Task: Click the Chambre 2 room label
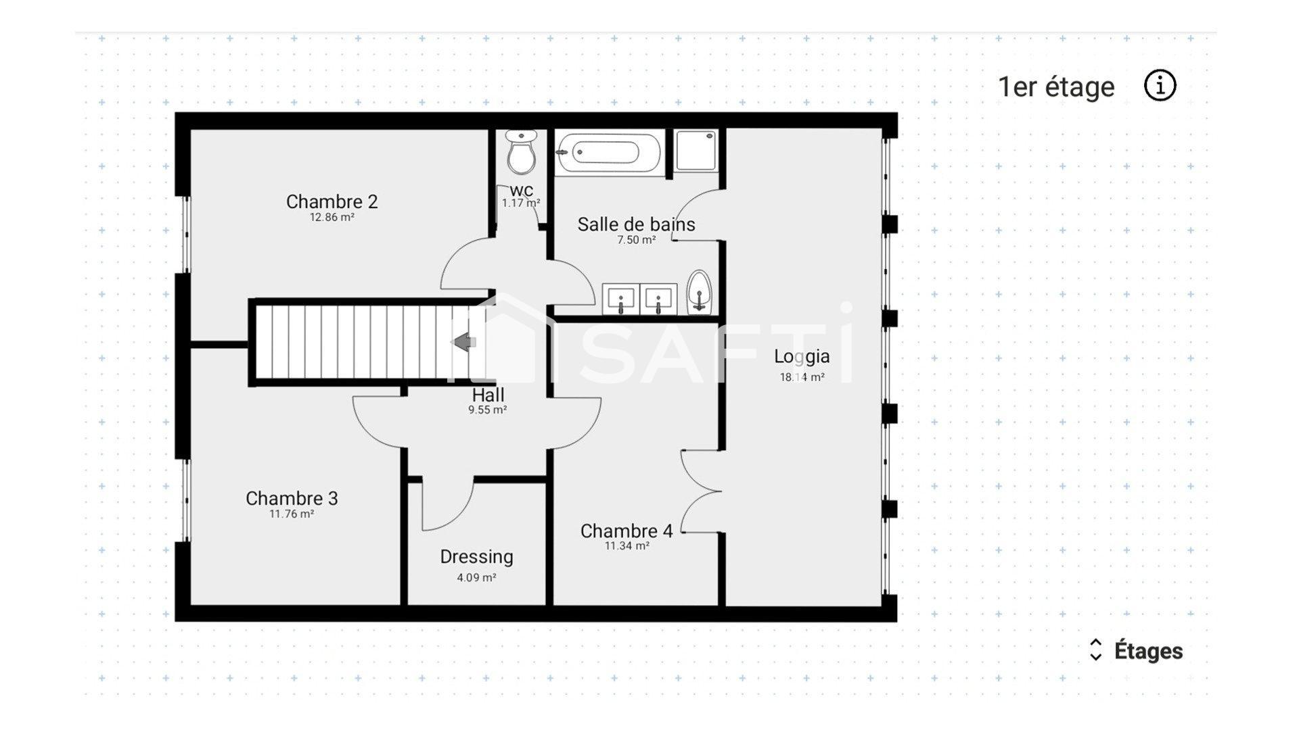pyautogui.click(x=332, y=201)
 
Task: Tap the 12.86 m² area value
pyautogui.click(x=332, y=218)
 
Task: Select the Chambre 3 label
pyautogui.click(x=292, y=498)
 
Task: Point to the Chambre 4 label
pyautogui.click(x=626, y=531)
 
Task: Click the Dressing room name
pyautogui.click(x=476, y=557)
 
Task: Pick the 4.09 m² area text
pyautogui.click(x=476, y=578)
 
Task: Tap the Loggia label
pyautogui.click(x=802, y=357)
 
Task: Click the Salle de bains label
pyautogui.click(x=636, y=224)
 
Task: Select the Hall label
pyautogui.click(x=488, y=395)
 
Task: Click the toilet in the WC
pyautogui.click(x=521, y=152)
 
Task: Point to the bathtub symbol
pyautogui.click(x=608, y=152)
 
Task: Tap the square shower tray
pyautogui.click(x=696, y=150)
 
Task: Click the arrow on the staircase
pyautogui.click(x=463, y=343)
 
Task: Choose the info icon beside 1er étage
pyautogui.click(x=1160, y=86)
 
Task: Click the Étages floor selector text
pyautogui.click(x=1148, y=651)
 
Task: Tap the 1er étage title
pyautogui.click(x=1056, y=87)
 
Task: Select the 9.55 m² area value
pyautogui.click(x=488, y=410)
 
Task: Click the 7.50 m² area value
pyautogui.click(x=636, y=240)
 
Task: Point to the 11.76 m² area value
pyautogui.click(x=292, y=514)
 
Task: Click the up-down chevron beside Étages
pyautogui.click(x=1096, y=650)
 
